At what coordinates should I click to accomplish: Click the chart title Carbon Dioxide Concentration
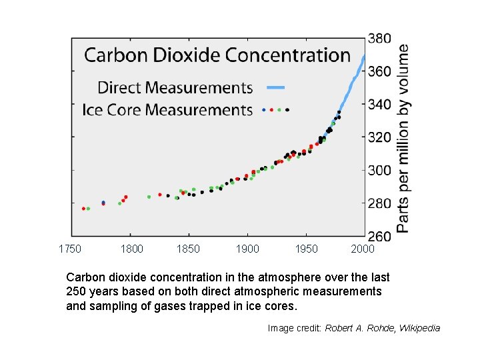pyautogui.click(x=217, y=55)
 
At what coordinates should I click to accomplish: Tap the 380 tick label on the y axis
pyautogui.click(x=379, y=39)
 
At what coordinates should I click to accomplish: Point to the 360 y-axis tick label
pyautogui.click(x=379, y=71)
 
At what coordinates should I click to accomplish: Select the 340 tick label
pyautogui.click(x=379, y=105)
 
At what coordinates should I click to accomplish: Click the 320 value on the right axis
pyautogui.click(x=379, y=137)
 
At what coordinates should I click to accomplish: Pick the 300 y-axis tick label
pyautogui.click(x=379, y=171)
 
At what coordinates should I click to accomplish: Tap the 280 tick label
pyautogui.click(x=379, y=203)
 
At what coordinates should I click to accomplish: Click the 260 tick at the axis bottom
pyautogui.click(x=379, y=235)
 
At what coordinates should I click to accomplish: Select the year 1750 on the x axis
pyautogui.click(x=70, y=249)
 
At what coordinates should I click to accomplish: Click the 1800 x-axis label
pyautogui.click(x=131, y=249)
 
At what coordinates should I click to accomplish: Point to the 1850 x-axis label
pyautogui.click(x=189, y=249)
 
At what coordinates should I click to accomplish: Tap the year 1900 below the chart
pyautogui.click(x=247, y=249)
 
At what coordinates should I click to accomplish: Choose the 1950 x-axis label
pyautogui.click(x=306, y=249)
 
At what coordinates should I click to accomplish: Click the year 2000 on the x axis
pyautogui.click(x=363, y=249)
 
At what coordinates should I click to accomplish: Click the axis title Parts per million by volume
pyautogui.click(x=404, y=139)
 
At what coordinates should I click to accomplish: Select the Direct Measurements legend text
pyautogui.click(x=175, y=87)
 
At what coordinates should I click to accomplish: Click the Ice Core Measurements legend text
pyautogui.click(x=167, y=109)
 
